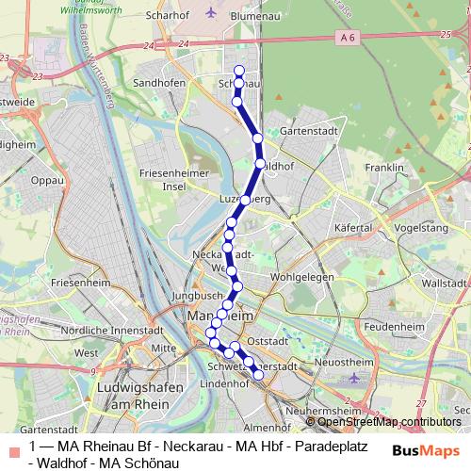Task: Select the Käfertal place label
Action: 355,228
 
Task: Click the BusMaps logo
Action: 420,451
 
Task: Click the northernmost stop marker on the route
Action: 239,71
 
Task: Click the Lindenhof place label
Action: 224,384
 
